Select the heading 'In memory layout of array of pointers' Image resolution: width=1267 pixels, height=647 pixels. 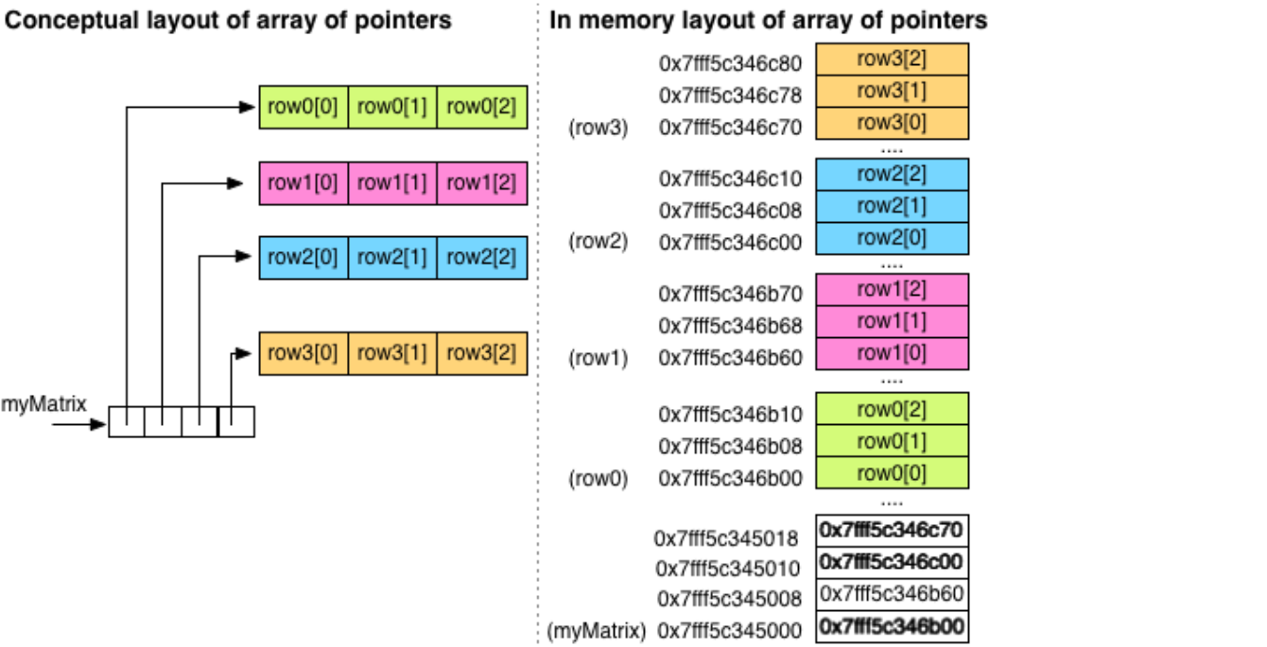click(x=768, y=19)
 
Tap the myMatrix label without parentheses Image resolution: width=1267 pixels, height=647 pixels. click(x=43, y=404)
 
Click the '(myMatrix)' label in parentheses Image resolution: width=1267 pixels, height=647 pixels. click(x=598, y=629)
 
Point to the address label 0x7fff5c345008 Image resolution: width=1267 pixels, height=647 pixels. click(x=729, y=599)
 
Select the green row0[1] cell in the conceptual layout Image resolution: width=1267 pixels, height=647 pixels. click(x=392, y=107)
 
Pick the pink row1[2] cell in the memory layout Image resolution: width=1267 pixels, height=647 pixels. click(x=892, y=290)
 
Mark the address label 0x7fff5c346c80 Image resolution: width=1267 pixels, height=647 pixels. click(x=730, y=65)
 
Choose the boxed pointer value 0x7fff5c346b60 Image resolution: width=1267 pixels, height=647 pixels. click(x=892, y=593)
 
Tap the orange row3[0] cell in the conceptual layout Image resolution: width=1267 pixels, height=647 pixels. click(x=303, y=353)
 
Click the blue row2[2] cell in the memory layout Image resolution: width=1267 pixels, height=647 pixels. click(x=892, y=175)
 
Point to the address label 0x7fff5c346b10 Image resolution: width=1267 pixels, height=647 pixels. click(x=730, y=414)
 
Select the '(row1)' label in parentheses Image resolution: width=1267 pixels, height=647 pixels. click(x=598, y=359)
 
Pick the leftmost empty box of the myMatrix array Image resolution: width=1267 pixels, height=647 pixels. click(x=127, y=422)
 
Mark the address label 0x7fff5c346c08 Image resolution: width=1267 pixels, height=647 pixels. click(x=730, y=210)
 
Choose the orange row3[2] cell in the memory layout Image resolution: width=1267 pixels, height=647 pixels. click(x=892, y=59)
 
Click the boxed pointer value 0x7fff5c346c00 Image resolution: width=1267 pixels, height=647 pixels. click(x=892, y=562)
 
